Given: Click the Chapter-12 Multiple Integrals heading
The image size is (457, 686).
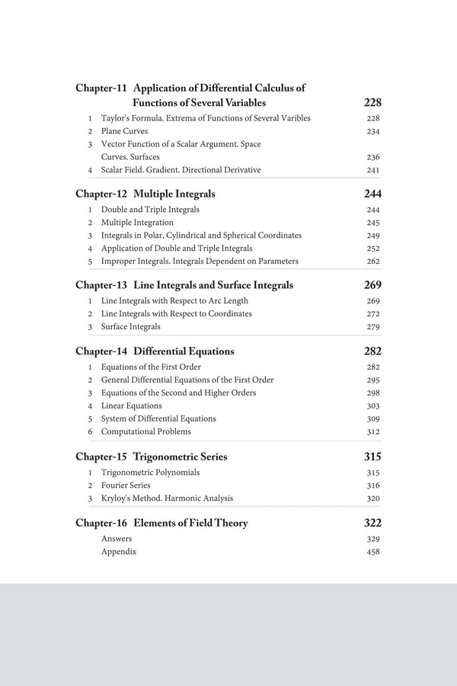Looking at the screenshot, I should (145, 194).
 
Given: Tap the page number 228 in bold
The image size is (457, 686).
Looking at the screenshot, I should (372, 102).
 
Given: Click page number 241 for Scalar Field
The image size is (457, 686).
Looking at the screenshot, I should (372, 170).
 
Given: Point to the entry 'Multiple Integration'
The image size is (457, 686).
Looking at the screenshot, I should (137, 223).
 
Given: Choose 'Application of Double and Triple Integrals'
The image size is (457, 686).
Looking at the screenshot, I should (177, 248).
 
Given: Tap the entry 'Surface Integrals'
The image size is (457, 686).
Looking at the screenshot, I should (131, 327).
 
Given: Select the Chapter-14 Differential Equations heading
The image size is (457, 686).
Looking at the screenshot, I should (155, 351).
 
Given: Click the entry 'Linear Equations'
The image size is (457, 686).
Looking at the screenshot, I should (131, 406).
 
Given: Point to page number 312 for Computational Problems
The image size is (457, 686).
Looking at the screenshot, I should (372, 431).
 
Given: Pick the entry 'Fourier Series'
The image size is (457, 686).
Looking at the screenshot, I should (126, 486).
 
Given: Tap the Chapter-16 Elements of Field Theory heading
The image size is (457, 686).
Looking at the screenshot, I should (161, 523).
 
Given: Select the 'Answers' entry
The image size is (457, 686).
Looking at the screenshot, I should (117, 539).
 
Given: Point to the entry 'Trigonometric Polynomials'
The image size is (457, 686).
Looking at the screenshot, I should (150, 473).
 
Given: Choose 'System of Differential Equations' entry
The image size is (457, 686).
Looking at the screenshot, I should (158, 418).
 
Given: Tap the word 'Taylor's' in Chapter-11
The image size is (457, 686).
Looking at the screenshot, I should (116, 118).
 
